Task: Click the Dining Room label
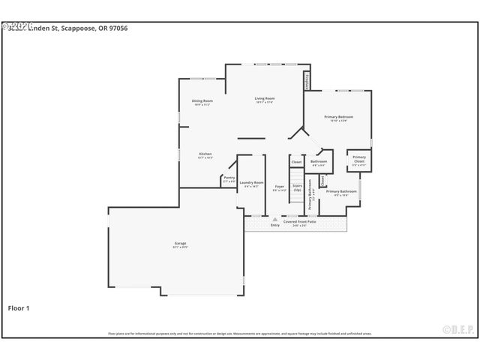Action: pyautogui.click(x=202, y=100)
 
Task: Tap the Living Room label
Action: pyautogui.click(x=264, y=98)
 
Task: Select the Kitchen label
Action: pyautogui.click(x=205, y=154)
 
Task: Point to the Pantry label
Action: pyautogui.click(x=229, y=178)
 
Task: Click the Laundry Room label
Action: pyautogui.click(x=251, y=182)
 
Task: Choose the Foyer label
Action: pyautogui.click(x=279, y=186)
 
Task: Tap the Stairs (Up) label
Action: pyautogui.click(x=297, y=187)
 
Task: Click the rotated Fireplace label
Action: pyautogui.click(x=306, y=81)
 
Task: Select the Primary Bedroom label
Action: pyautogui.click(x=338, y=117)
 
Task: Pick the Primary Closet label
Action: pyautogui.click(x=358, y=158)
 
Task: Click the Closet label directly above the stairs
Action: pyautogui.click(x=296, y=161)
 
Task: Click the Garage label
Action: pyautogui.click(x=180, y=243)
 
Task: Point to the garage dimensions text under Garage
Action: pyautogui.click(x=180, y=247)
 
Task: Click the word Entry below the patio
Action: pyautogui.click(x=274, y=224)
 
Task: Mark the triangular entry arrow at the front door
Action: pyautogui.click(x=274, y=219)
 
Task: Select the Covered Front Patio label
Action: pyautogui.click(x=299, y=221)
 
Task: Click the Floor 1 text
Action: pyautogui.click(x=18, y=307)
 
